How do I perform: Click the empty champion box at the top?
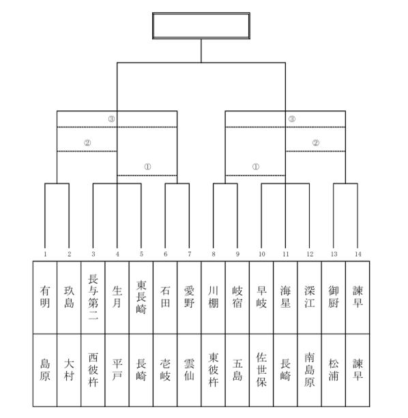coord(201,26)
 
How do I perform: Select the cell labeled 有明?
coord(45,298)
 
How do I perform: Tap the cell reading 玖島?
coord(69,298)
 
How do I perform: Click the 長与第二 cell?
coord(93,298)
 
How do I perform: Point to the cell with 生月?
coord(117,298)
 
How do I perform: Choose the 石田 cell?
coord(165,298)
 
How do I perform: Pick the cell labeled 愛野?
coord(189,298)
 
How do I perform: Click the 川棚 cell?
coord(214,298)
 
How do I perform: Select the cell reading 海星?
coord(285,298)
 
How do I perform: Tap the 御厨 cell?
coord(334,298)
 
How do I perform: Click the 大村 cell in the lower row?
coord(69,370)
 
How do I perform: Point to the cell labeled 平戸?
coord(117,370)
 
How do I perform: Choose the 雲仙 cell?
coord(189,370)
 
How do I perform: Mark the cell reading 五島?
coord(237,370)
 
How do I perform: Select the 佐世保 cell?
coord(261,370)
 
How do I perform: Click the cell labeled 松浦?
coord(334,370)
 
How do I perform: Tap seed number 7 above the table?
coord(190,254)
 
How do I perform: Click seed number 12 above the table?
coord(310,254)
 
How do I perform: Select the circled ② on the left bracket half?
coord(87,143)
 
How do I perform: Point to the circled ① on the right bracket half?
coord(256,167)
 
